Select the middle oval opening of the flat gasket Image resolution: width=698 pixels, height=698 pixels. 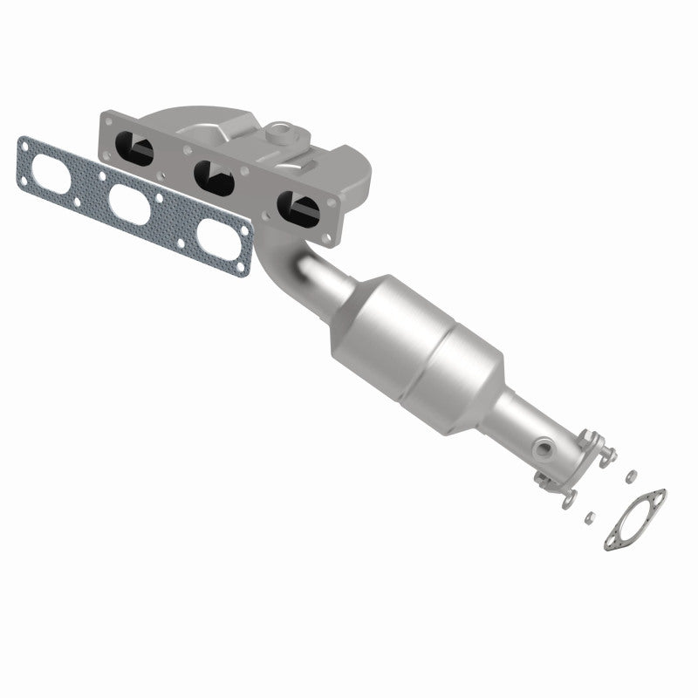pos(131,205)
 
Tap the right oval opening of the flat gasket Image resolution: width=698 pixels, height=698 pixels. pos(214,238)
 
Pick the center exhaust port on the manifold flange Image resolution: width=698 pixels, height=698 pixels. pos(215,177)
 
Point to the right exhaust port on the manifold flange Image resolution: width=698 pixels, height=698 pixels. pos(298,208)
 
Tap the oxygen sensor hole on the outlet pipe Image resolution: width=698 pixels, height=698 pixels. pos(545,447)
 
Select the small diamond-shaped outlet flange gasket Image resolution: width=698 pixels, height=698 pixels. pos(635,519)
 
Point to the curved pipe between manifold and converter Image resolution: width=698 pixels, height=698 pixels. pos(301,266)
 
